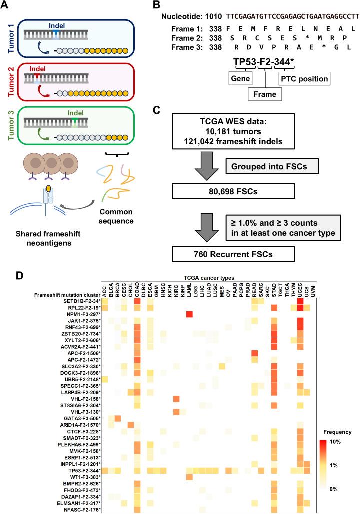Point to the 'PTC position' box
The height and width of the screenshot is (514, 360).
point(303,79)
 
